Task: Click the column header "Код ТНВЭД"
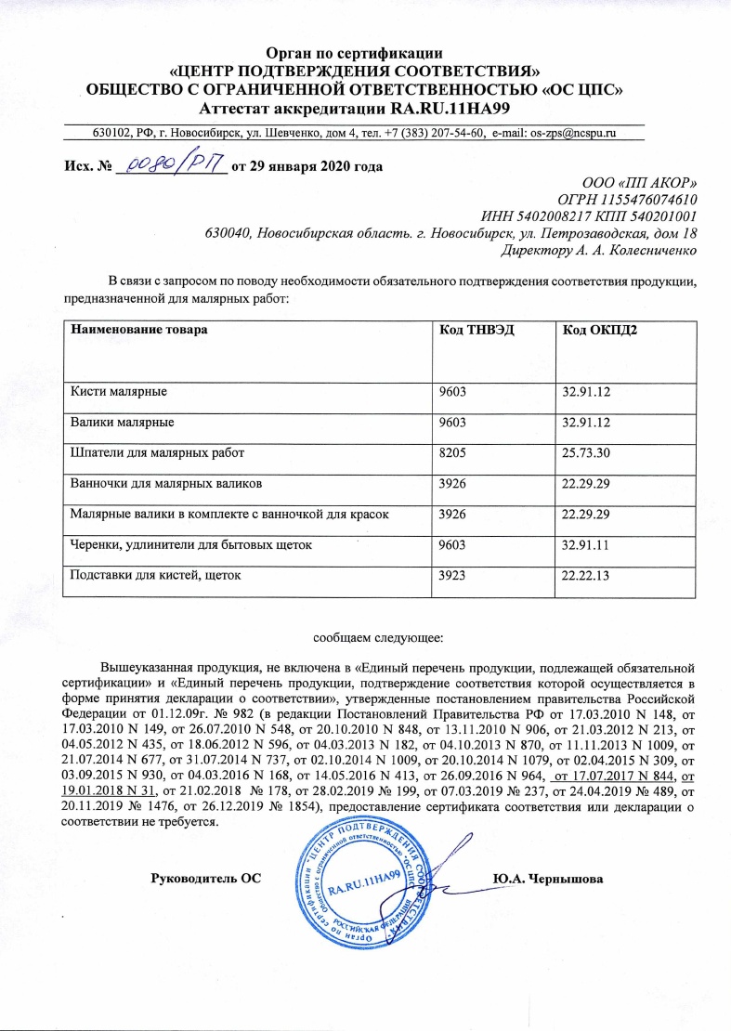481,330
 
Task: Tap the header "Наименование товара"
140,330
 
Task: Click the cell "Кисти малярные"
119,392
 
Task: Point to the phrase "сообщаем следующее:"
364,637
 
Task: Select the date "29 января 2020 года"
315,166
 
